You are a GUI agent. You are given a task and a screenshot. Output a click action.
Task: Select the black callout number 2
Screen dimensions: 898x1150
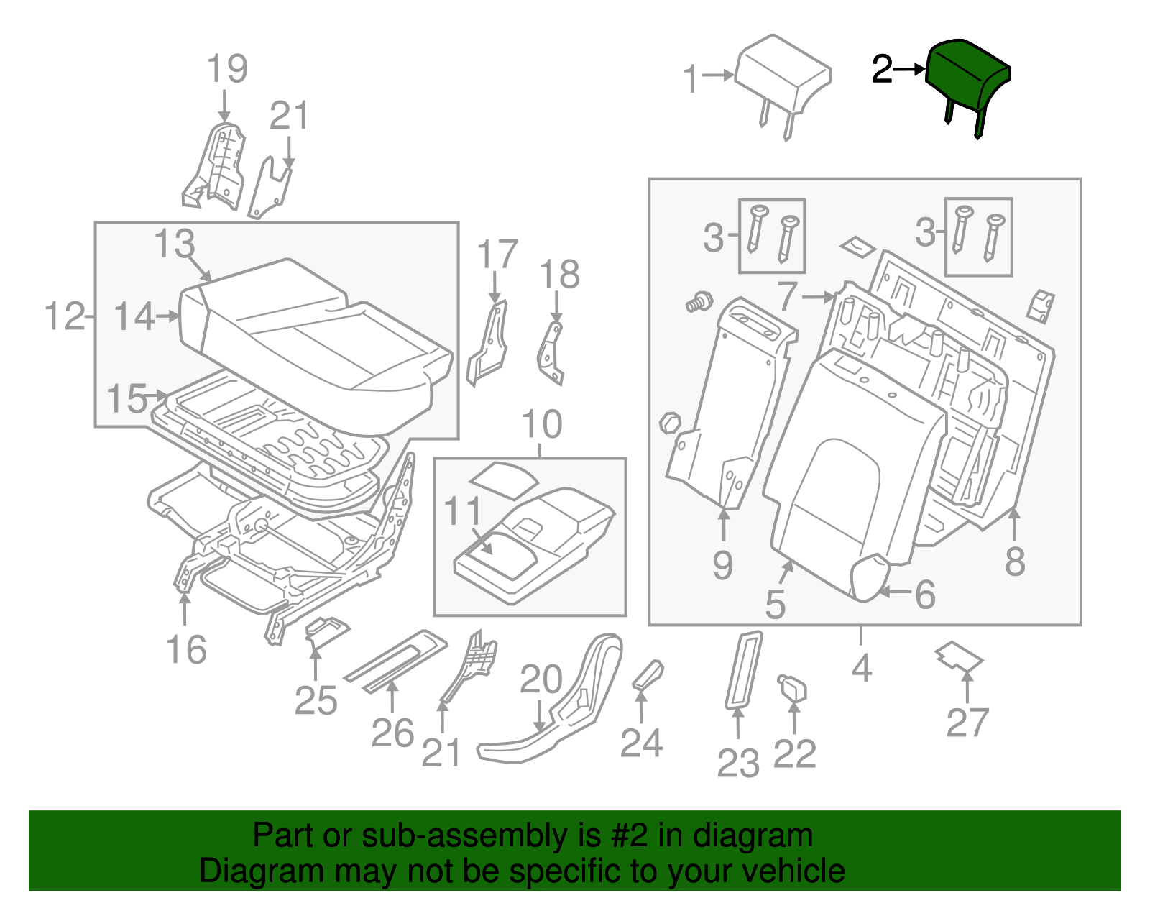882,70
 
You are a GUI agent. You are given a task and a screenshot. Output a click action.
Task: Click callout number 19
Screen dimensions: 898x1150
226,70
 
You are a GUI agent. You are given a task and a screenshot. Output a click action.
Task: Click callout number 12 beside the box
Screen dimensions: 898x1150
65,316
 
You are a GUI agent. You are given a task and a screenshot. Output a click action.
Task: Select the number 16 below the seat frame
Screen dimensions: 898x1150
186,650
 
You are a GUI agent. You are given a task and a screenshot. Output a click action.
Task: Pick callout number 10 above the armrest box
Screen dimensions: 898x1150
541,424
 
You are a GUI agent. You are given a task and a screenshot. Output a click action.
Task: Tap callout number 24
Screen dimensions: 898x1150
641,742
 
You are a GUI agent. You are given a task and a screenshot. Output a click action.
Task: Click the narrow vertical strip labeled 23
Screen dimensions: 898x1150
743,669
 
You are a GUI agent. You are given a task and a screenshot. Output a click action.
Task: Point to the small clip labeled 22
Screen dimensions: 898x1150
793,689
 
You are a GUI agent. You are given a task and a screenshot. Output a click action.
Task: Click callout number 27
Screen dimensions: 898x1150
967,723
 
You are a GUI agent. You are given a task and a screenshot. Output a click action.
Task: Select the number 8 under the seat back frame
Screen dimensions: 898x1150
1014,562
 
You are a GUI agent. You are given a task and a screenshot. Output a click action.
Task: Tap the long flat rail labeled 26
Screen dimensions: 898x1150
395,661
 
